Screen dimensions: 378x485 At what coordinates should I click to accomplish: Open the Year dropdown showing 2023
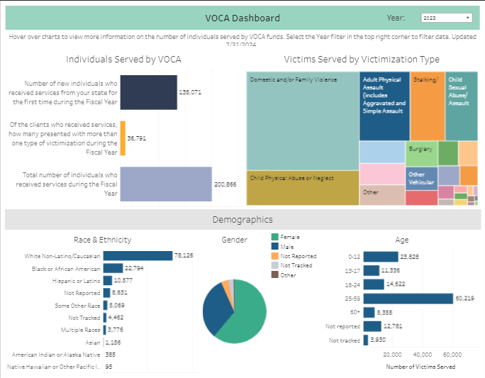446,18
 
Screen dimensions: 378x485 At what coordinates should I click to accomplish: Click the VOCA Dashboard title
242,18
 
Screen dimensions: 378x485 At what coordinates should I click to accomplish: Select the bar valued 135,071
148,92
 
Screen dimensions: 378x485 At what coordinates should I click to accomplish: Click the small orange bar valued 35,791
123,138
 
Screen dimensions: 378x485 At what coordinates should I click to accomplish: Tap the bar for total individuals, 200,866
166,184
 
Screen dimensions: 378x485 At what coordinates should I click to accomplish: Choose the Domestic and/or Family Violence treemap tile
303,121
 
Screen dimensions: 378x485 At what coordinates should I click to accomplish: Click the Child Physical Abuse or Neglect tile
303,188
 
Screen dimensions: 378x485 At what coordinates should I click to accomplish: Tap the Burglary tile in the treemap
421,153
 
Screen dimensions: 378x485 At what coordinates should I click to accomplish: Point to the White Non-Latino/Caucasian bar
138,256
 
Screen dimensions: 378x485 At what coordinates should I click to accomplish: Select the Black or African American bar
113,268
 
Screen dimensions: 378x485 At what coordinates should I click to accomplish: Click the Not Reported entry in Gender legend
298,256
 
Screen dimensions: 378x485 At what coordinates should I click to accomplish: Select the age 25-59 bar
408,299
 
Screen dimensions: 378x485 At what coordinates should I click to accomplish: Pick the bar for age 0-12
381,257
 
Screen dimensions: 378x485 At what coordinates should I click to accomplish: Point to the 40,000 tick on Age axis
423,355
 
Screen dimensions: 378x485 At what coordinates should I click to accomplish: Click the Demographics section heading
242,220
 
